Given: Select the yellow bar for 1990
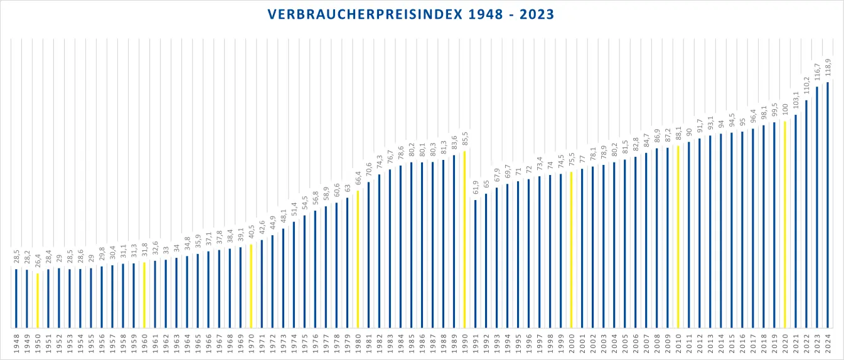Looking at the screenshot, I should point(464,239).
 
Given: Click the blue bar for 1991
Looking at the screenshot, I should point(475,263).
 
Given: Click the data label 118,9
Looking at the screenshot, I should point(828,71).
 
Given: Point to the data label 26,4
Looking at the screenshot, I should point(37,262).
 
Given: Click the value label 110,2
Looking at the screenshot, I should point(806,88).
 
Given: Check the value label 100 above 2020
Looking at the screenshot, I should point(784,111).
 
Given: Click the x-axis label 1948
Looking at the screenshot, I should point(16,344).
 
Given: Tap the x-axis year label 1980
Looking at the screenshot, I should point(358,344).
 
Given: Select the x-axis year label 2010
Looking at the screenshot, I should point(678,344).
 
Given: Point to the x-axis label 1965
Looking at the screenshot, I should point(198,344).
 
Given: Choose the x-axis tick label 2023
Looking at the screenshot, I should point(817,344).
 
